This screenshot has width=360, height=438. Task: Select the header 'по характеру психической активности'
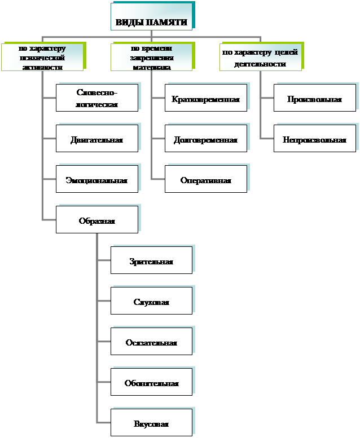pyautogui.click(x=42, y=57)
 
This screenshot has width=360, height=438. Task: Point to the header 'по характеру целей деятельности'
pyautogui.click(x=260, y=57)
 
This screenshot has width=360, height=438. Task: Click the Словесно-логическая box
pyautogui.click(x=96, y=98)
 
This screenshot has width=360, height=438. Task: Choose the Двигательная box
pyautogui.click(x=96, y=139)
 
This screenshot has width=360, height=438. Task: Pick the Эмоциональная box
pyautogui.click(x=96, y=180)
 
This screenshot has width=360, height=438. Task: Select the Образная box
pyautogui.click(x=96, y=220)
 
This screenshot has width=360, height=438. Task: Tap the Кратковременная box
pyautogui.click(x=206, y=99)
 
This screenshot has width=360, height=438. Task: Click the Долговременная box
pyautogui.click(x=206, y=139)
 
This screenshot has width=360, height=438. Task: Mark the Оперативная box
pyautogui.click(x=206, y=180)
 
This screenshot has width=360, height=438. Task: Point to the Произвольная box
pyautogui.click(x=315, y=99)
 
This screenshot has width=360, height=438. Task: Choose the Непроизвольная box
pyautogui.click(x=315, y=139)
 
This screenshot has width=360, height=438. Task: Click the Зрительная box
pyautogui.click(x=151, y=261)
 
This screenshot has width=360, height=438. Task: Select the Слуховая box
pyautogui.click(x=151, y=302)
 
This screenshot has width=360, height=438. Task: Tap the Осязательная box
pyautogui.click(x=151, y=342)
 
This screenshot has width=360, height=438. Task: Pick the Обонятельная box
pyautogui.click(x=151, y=383)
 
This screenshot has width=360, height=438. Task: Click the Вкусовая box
pyautogui.click(x=151, y=423)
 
